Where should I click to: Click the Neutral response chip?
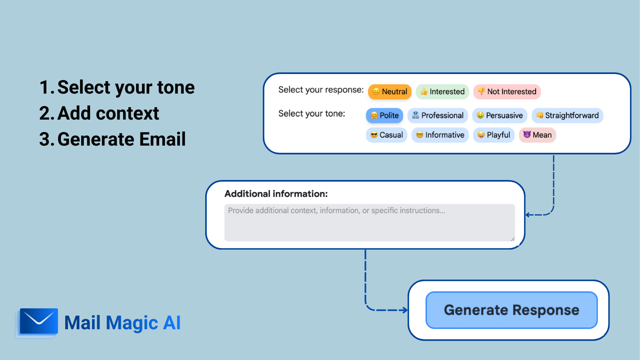390,92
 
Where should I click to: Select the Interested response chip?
442,92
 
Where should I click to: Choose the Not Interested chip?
507,92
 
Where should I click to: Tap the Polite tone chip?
384,116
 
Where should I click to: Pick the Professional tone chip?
438,116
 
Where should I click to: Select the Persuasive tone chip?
500,116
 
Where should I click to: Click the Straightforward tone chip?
567,116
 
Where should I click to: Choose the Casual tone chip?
386,135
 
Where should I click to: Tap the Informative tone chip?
440,135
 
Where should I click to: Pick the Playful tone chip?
494,135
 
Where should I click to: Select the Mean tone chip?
537,135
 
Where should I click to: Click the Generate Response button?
511,310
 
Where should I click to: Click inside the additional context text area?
369,223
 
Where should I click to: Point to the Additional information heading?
276,194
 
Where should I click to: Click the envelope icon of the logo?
38,322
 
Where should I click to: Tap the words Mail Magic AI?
122,323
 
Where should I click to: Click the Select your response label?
321,90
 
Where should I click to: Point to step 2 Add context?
99,114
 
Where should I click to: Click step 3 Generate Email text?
112,140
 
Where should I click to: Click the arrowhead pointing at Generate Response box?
405,310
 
